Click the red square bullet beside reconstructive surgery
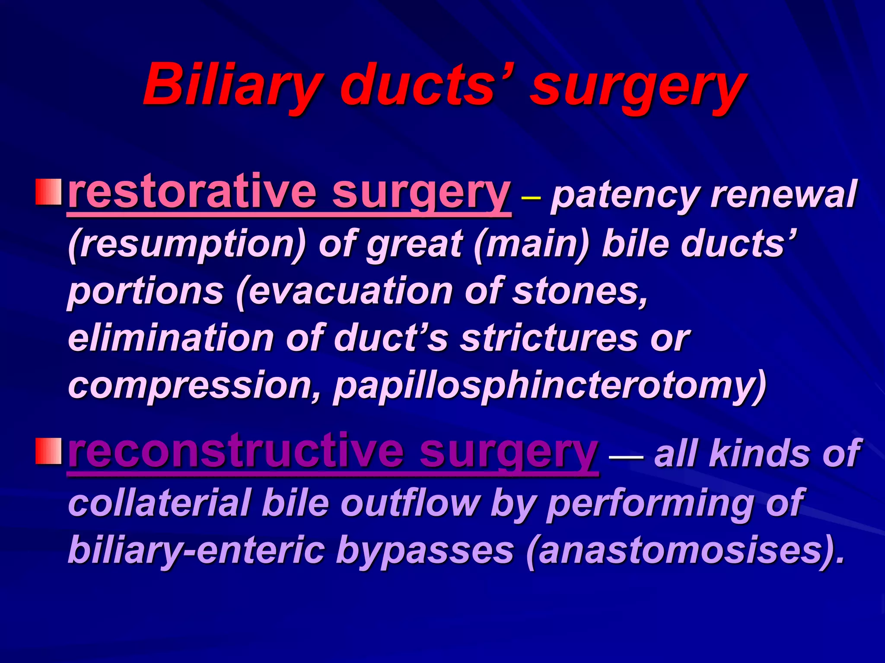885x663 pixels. [48, 451]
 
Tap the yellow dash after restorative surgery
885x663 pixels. [531, 198]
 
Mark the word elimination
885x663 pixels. [171, 338]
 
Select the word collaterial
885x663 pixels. [160, 503]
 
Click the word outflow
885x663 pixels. [411, 503]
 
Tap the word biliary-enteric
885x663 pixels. [197, 551]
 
